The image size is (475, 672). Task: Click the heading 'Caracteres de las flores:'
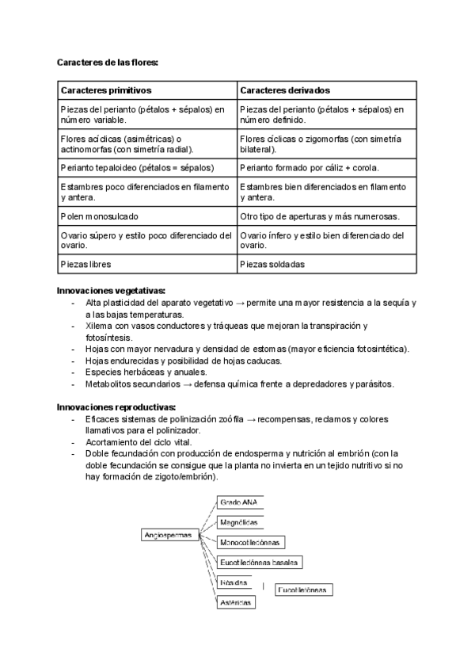[108, 61]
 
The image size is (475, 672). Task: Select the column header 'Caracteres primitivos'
[106, 90]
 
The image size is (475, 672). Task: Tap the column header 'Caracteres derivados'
[285, 90]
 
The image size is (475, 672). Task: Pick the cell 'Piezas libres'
[85, 265]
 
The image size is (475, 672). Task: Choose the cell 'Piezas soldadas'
[272, 265]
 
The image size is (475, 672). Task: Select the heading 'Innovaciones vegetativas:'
[111, 291]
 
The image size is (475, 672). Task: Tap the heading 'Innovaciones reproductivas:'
[116, 407]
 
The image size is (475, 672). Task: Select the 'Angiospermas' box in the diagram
[169, 535]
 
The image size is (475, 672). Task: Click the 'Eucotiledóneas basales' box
[260, 563]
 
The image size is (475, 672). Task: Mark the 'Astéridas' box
[236, 602]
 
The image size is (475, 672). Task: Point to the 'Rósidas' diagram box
[234, 582]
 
